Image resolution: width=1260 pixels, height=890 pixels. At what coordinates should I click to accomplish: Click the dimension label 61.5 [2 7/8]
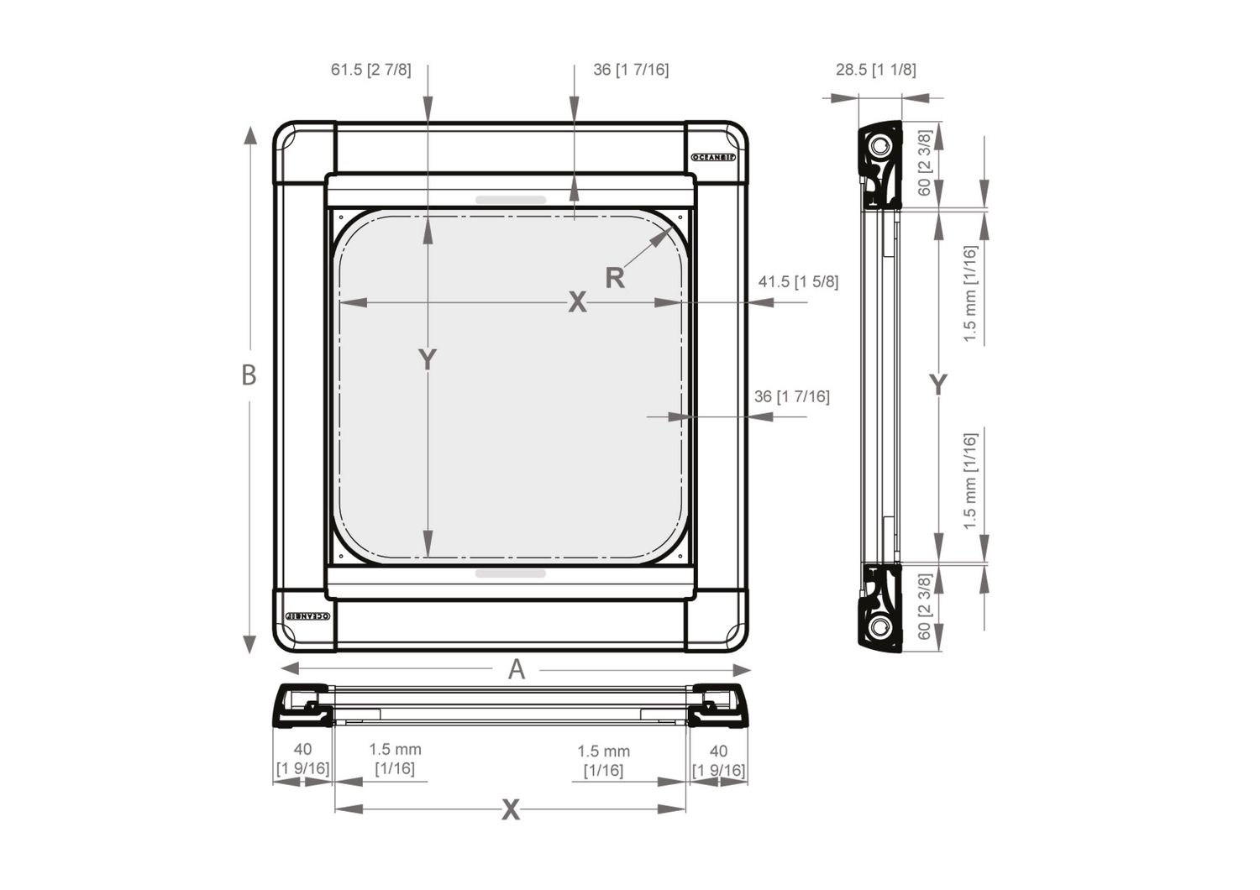click(x=370, y=70)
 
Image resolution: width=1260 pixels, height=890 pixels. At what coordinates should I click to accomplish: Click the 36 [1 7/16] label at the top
click(x=631, y=70)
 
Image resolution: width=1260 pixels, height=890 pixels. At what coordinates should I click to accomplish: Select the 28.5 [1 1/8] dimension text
click(x=875, y=70)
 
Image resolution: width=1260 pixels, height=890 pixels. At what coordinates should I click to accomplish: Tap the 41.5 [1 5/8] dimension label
click(x=798, y=282)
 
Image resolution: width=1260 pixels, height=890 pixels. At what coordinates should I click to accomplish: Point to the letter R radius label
click(x=615, y=279)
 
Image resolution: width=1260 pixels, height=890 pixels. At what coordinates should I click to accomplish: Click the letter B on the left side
click(x=249, y=375)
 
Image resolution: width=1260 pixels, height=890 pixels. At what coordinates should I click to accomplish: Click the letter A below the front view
click(x=517, y=669)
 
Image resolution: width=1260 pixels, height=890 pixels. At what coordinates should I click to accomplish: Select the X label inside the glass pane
click(x=577, y=302)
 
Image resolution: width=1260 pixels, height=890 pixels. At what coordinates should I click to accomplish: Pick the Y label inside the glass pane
click(x=428, y=360)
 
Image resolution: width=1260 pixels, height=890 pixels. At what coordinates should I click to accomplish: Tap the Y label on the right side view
click(x=937, y=385)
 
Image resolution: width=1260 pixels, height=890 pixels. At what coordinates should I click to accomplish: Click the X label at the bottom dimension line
click(x=511, y=810)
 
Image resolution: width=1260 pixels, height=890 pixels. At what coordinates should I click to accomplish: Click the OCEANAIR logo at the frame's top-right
click(x=712, y=157)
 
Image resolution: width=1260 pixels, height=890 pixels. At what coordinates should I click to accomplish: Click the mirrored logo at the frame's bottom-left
click(x=307, y=616)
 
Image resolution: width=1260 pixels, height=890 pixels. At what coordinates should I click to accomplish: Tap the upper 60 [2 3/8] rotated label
click(x=924, y=163)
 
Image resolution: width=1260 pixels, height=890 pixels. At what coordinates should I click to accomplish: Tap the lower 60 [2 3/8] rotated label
click(x=924, y=607)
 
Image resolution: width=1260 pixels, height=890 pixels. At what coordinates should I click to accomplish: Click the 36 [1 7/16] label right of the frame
click(x=791, y=396)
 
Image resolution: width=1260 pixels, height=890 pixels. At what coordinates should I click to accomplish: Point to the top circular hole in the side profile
click(x=879, y=147)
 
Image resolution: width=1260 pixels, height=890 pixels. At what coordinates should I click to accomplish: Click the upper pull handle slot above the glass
click(x=511, y=200)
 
